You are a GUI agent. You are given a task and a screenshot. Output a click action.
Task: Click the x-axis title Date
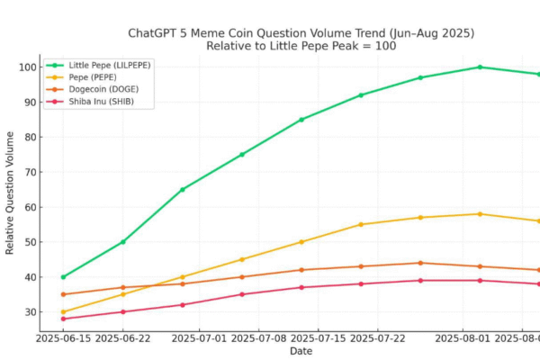(x=301, y=351)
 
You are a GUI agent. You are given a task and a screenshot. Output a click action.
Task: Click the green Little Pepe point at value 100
(x=480, y=67)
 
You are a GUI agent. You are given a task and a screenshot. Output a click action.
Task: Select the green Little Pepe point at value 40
(x=63, y=277)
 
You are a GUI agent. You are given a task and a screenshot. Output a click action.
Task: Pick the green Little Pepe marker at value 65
(x=183, y=190)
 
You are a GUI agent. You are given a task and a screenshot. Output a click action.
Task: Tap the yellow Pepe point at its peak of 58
(x=480, y=214)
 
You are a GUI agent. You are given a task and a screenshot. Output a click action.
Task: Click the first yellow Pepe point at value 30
(x=63, y=312)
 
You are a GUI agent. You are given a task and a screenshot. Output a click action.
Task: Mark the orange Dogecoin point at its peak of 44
(x=420, y=263)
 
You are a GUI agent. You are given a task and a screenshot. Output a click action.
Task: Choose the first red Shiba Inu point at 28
(x=63, y=319)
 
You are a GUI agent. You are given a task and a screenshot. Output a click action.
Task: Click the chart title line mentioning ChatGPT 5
(x=301, y=33)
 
